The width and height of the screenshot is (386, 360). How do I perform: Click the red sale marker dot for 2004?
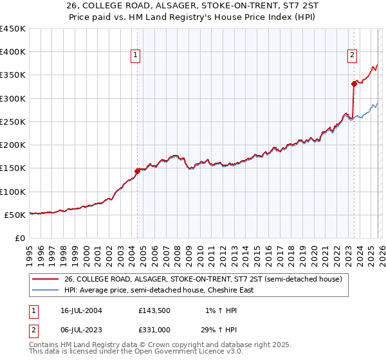coord(137,172)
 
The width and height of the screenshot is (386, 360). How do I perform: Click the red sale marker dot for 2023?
coord(354,84)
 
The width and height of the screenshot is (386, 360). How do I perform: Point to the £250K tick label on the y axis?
coord(12,122)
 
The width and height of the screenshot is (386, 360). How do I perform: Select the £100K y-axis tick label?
coord(12,192)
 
